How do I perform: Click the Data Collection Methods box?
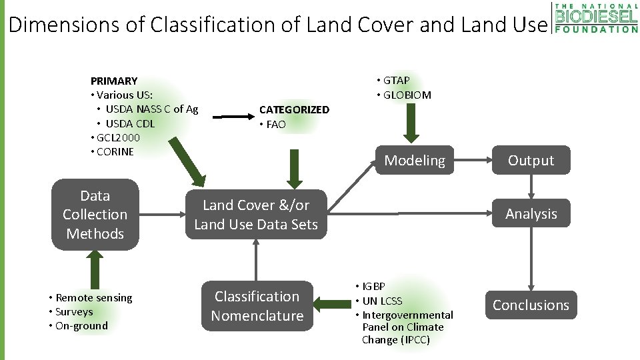[x=95, y=215]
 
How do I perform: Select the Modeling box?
[x=414, y=160]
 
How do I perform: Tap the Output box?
[x=531, y=160]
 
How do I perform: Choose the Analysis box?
[x=531, y=214]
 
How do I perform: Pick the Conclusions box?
[x=531, y=305]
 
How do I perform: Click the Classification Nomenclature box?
[x=257, y=306]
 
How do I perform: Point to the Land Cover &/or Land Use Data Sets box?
[x=256, y=215]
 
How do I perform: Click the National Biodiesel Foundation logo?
[x=595, y=17]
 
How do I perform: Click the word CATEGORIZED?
[x=294, y=109]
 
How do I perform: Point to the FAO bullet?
[x=275, y=124]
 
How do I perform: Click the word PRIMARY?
[x=114, y=81]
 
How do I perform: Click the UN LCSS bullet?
[x=382, y=301]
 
